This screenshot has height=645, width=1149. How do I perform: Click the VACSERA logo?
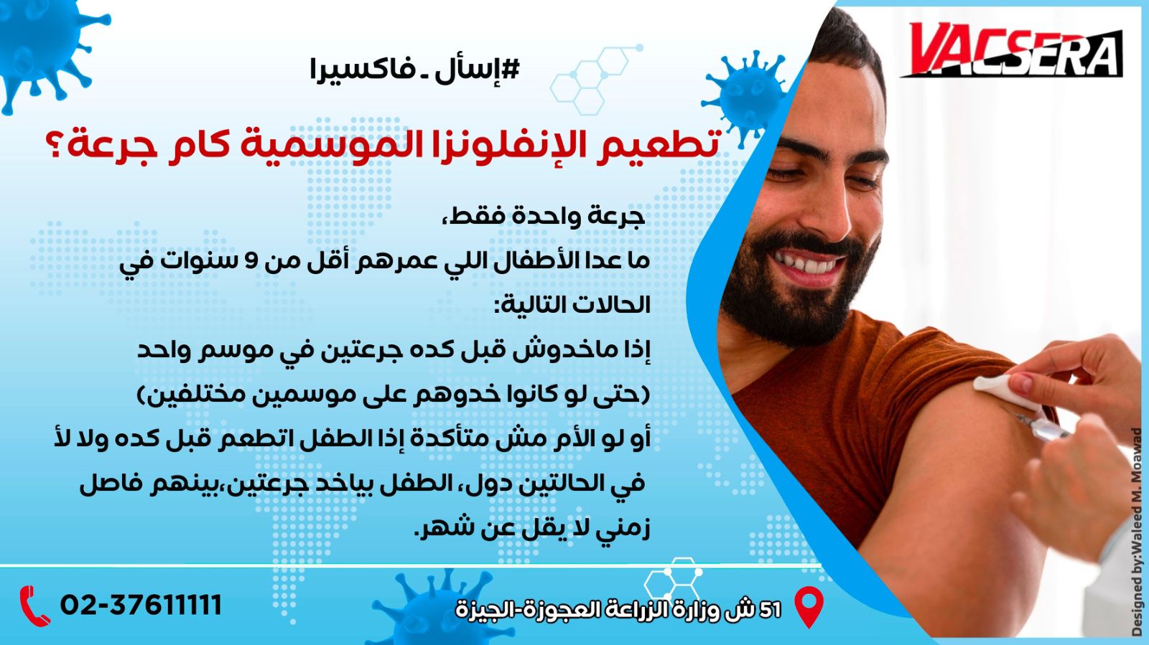pos(1012,50)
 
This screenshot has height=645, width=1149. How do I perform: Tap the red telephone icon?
pos(35,606)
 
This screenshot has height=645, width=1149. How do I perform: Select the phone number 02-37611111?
pos(141,605)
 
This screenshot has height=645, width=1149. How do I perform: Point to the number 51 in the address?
pos(770,610)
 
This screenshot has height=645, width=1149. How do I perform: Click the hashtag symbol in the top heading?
pos(509,69)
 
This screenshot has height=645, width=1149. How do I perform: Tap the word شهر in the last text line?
pos(452,528)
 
